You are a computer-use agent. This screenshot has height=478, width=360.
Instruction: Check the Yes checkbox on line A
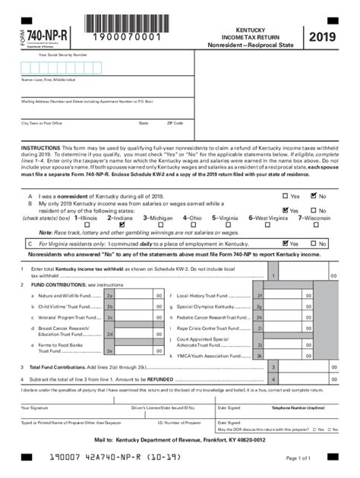285,196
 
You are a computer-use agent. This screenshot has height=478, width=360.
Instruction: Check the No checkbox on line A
313,196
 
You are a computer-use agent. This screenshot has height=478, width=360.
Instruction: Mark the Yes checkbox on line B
285,210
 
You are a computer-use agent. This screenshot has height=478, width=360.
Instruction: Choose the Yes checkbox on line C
285,244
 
